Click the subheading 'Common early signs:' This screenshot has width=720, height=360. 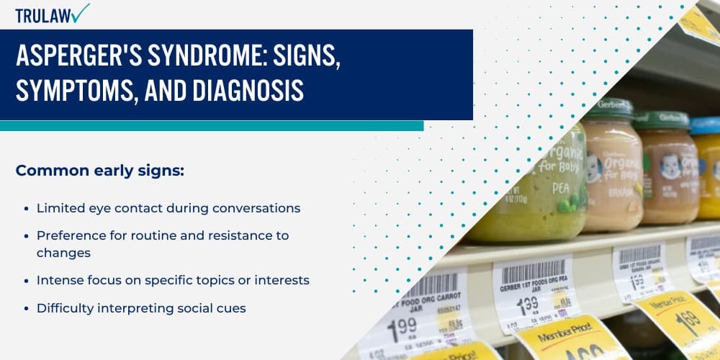(x=99, y=171)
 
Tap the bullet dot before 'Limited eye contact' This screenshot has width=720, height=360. (x=26, y=209)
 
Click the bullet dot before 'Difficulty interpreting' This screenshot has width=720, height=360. (x=26, y=308)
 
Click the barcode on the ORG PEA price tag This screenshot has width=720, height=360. (x=534, y=272)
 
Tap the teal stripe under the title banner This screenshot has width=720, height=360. (x=209, y=125)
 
